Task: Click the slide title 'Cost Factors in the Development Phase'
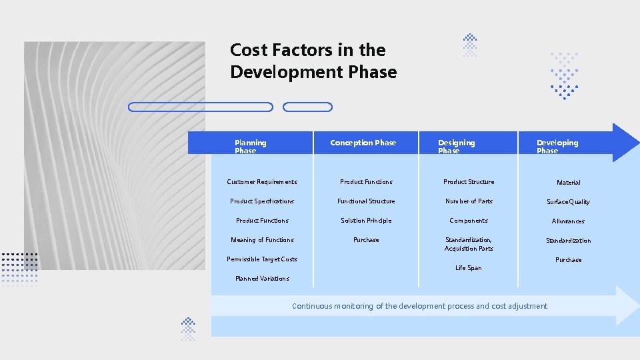pos(313,61)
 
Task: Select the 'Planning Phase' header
pos(250,147)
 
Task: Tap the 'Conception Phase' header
pos(363,143)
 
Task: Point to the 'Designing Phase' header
pos(456,147)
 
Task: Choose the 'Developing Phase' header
pos(557,147)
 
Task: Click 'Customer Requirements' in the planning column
pos(262,182)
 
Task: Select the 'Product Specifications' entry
pos(262,201)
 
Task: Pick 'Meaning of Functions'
pos(262,240)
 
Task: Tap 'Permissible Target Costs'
pos(262,259)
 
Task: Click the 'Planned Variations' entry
pos(262,279)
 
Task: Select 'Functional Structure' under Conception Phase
pos(366,201)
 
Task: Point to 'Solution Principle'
pos(366,221)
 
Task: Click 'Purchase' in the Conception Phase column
pos(366,240)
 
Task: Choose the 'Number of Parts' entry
pos(469,201)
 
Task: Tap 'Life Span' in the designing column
pos(468,268)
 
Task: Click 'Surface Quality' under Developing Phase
pos(568,202)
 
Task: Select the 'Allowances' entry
pos(568,221)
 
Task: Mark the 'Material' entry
pos(568,183)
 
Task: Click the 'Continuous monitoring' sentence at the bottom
pos(419,306)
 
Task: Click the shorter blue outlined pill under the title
pos(307,107)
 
